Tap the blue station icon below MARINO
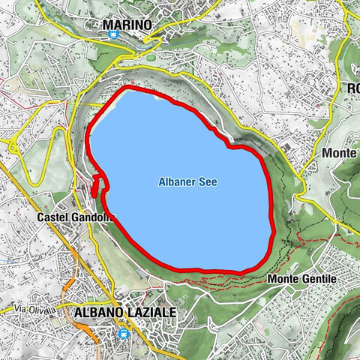pyautogui.click(x=112, y=34)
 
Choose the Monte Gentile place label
pyautogui.click(x=302, y=279)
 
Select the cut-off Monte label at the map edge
pyautogui.click(x=340, y=152)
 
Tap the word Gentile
pyautogui.click(x=319, y=279)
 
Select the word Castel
pyautogui.click(x=50, y=217)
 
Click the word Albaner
pyautogui.click(x=175, y=181)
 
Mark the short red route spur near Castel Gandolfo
pyautogui.click(x=96, y=185)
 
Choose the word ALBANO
pyautogui.click(x=98, y=311)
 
